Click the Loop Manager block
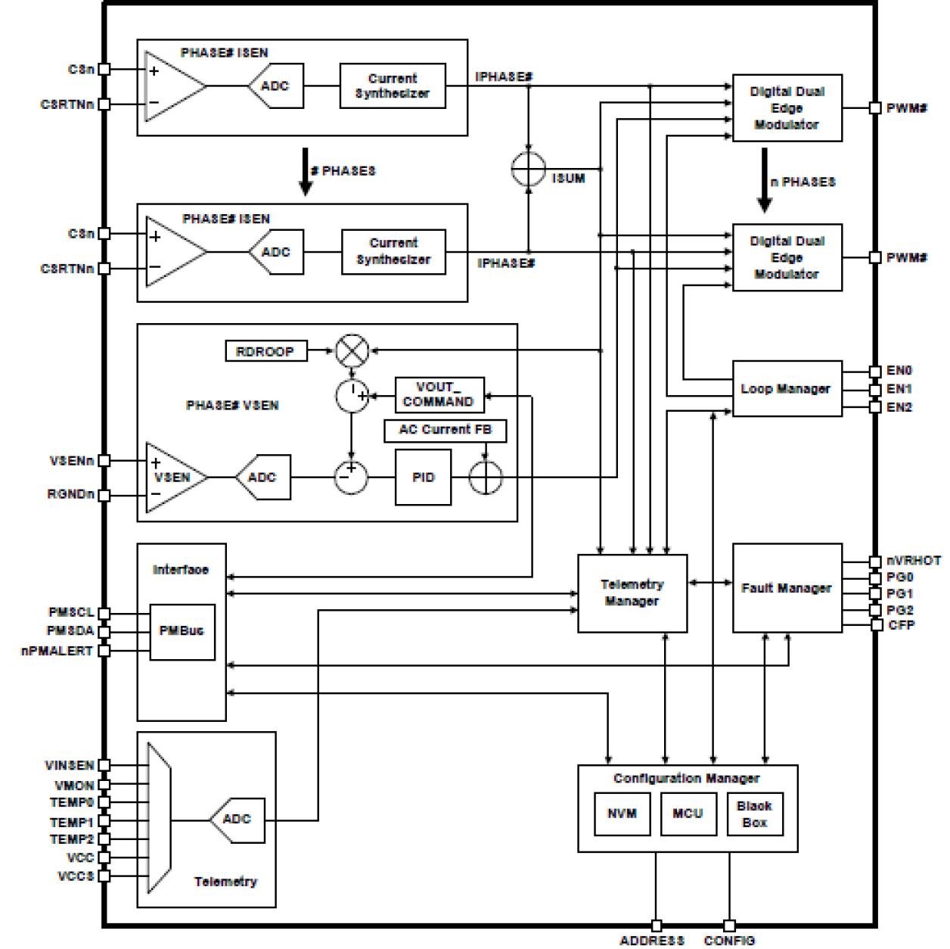787,388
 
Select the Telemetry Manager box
632,593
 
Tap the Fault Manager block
787,588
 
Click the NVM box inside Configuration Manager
622,814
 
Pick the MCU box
688,814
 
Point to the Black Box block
754,814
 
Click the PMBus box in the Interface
182,631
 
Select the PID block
423,478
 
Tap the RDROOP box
265,351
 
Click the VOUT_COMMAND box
439,394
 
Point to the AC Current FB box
445,430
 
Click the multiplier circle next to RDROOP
352,351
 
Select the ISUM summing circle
528,169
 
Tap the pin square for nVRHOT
876,561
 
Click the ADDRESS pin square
656,926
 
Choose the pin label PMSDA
70,631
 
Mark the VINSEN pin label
70,766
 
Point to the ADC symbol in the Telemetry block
237,820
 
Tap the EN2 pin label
899,407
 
